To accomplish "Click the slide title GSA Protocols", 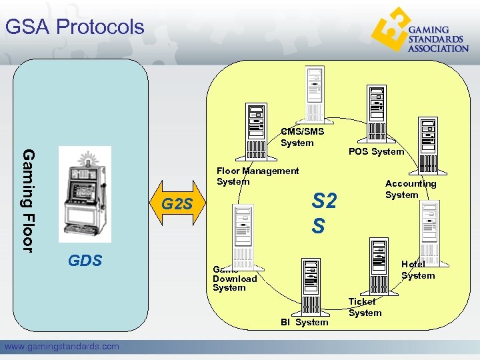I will (x=75, y=27).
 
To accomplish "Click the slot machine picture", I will (x=85, y=194).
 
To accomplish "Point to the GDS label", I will (x=85, y=260).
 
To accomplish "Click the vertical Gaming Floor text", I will (x=28, y=200).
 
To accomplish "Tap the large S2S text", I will (x=324, y=213).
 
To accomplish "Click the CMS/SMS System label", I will (x=302, y=137).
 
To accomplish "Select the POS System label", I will (x=376, y=151).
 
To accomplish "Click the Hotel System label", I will (x=418, y=270).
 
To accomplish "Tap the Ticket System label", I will (x=365, y=307).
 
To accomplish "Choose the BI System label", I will (x=304, y=322).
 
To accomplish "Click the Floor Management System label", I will (x=257, y=176).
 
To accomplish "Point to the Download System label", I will (x=235, y=279).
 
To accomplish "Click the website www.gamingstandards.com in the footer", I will (x=62, y=346).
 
